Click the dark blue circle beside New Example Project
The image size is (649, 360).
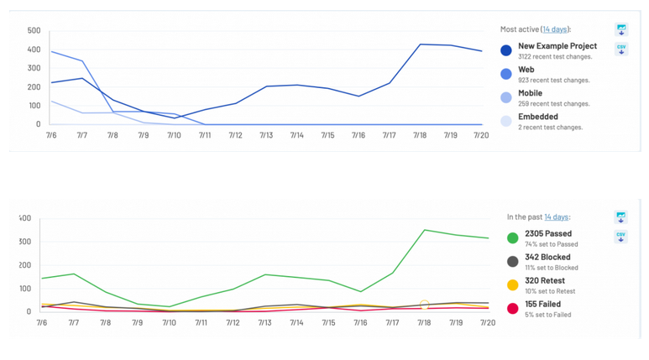point(506,50)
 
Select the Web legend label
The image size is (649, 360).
point(526,70)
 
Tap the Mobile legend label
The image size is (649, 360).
point(530,93)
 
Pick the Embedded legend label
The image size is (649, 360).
point(538,117)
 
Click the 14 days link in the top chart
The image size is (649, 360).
point(554,29)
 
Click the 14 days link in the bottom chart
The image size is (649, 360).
point(556,217)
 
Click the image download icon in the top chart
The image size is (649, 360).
point(621,30)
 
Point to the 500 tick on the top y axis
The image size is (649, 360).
point(34,31)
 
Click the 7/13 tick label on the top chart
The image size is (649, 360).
point(266,135)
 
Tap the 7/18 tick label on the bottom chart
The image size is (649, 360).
point(425,322)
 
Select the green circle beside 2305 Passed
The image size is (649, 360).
point(512,238)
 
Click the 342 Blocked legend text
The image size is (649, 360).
point(547,257)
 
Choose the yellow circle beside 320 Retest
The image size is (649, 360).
point(512,285)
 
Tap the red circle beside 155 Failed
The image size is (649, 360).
point(512,309)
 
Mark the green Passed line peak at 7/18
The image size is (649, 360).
point(425,230)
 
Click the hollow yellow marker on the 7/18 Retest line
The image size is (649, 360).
point(425,305)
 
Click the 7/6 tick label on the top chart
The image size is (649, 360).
point(51,135)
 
